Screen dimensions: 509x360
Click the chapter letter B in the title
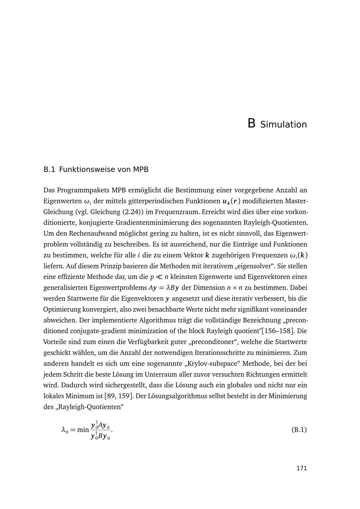tap(251, 123)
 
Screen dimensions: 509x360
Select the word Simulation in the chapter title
tap(283, 125)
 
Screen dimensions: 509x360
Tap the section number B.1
tap(49, 170)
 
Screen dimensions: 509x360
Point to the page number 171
tap(301, 468)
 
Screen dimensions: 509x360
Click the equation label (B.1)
tap(299, 429)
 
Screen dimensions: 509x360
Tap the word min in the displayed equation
tap(83, 429)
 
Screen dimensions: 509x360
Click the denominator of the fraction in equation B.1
tap(100, 437)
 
